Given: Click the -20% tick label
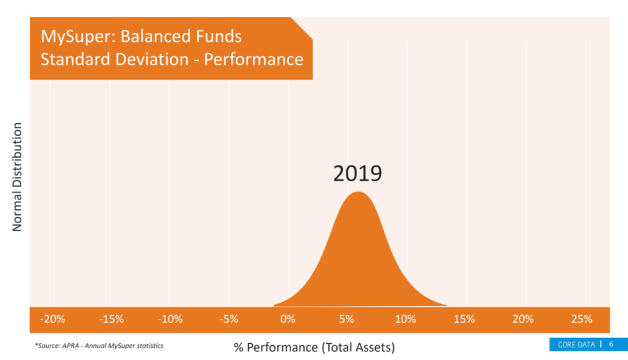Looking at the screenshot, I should point(52,320).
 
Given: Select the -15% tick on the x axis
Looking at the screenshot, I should point(112,320).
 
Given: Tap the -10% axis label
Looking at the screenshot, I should point(170,320).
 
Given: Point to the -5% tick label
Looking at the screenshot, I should point(229,320).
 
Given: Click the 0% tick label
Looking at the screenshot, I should point(287,320).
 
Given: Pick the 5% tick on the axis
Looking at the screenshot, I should point(346,320).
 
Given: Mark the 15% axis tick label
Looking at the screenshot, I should point(464,320).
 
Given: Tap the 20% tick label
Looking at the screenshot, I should point(523,320).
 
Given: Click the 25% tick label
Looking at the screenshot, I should point(582,320).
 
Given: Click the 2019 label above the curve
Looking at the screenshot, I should point(358,174).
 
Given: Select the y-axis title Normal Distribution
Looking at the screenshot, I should point(17,177).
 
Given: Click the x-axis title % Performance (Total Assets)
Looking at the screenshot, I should point(314,347).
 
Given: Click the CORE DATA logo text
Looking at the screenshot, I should point(576,344).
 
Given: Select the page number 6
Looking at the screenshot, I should point(611,344).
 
